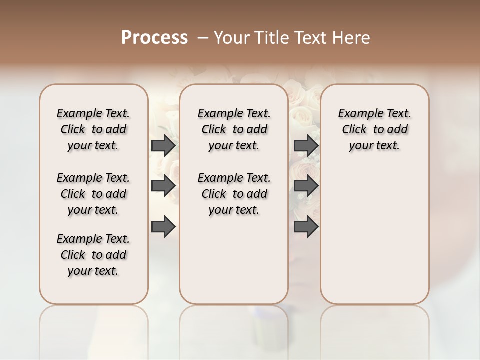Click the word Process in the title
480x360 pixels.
click(154, 37)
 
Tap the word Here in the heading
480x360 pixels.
click(350, 37)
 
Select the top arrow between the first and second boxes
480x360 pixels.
click(163, 146)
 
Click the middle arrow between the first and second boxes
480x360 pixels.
click(163, 186)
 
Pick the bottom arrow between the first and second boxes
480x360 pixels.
click(163, 227)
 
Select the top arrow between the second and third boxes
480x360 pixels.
click(306, 146)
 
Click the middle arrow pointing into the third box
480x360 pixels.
click(306, 186)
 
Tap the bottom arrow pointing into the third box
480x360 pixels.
click(306, 227)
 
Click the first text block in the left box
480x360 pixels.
click(93, 129)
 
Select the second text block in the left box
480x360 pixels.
click(93, 194)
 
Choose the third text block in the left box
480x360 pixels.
click(93, 255)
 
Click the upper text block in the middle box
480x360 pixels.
click(234, 129)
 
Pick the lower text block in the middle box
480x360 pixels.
click(234, 194)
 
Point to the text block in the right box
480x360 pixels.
click(375, 129)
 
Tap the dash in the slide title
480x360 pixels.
click(202, 37)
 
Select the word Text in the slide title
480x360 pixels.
click(308, 37)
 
